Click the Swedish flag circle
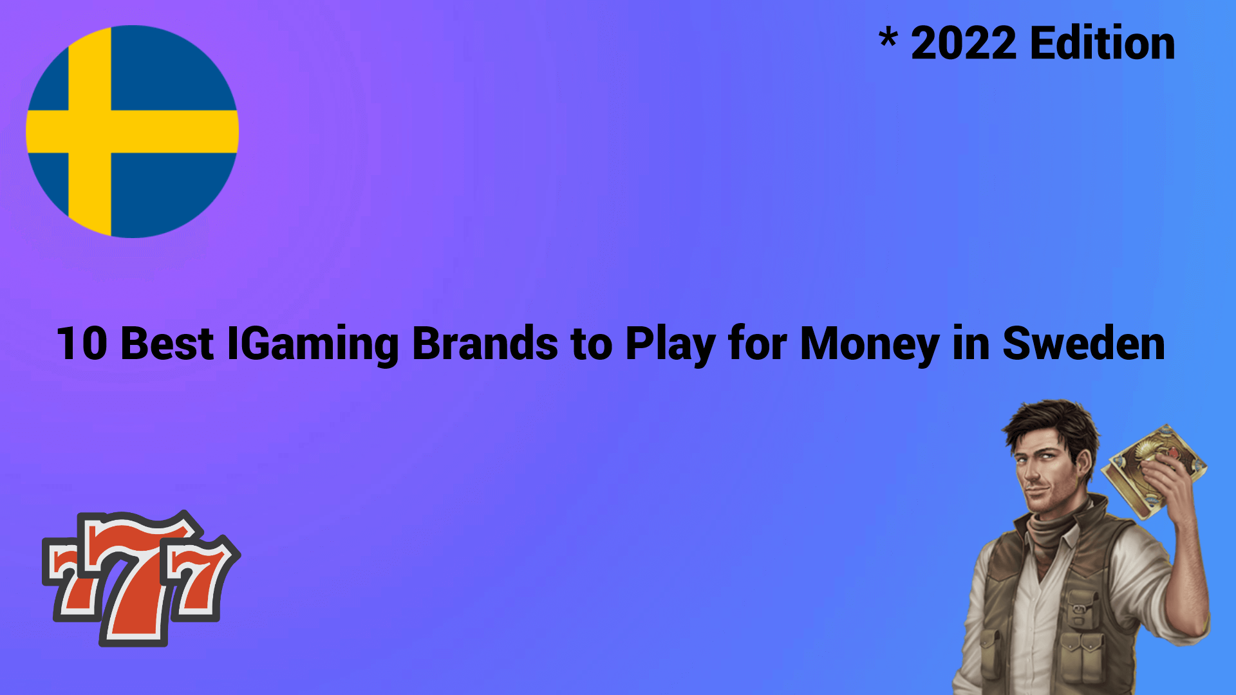(x=132, y=132)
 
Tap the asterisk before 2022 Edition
(x=888, y=38)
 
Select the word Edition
(x=1103, y=43)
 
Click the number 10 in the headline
(x=82, y=344)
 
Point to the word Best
(x=167, y=344)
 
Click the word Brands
(x=485, y=343)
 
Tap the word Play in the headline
(x=670, y=346)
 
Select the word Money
(x=870, y=346)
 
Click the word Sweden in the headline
(x=1083, y=343)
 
